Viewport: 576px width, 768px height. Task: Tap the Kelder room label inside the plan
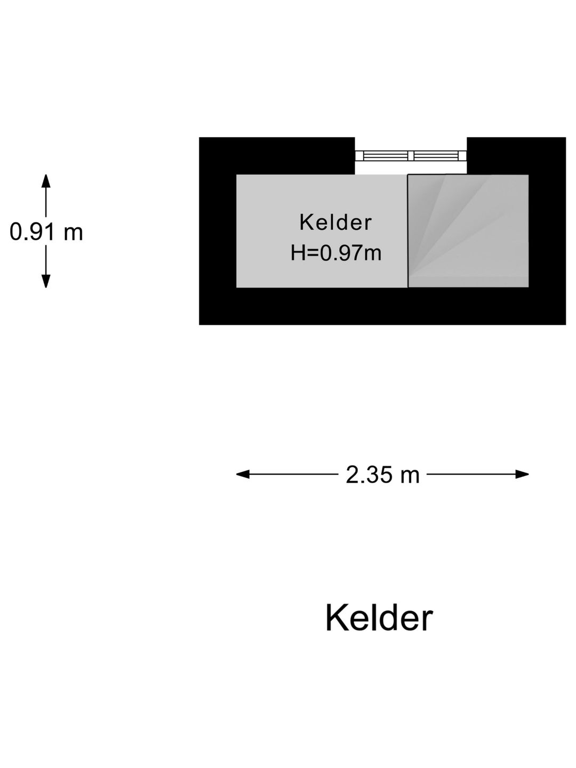click(335, 222)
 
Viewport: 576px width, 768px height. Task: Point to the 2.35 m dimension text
click(382, 475)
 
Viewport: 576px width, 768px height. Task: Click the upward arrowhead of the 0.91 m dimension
click(46, 181)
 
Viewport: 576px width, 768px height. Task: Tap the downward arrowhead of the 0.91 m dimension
click(46, 281)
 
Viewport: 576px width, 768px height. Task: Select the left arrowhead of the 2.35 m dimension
click(243, 475)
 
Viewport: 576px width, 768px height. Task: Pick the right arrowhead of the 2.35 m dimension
click(522, 475)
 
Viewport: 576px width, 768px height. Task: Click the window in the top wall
click(411, 156)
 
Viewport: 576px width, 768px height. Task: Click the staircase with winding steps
click(468, 231)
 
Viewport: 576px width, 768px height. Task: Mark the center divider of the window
click(411, 156)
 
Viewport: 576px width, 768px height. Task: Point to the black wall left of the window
click(277, 156)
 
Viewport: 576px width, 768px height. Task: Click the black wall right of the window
click(516, 156)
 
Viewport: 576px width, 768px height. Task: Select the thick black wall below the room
click(382, 306)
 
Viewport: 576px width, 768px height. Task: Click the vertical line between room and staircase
click(408, 231)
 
